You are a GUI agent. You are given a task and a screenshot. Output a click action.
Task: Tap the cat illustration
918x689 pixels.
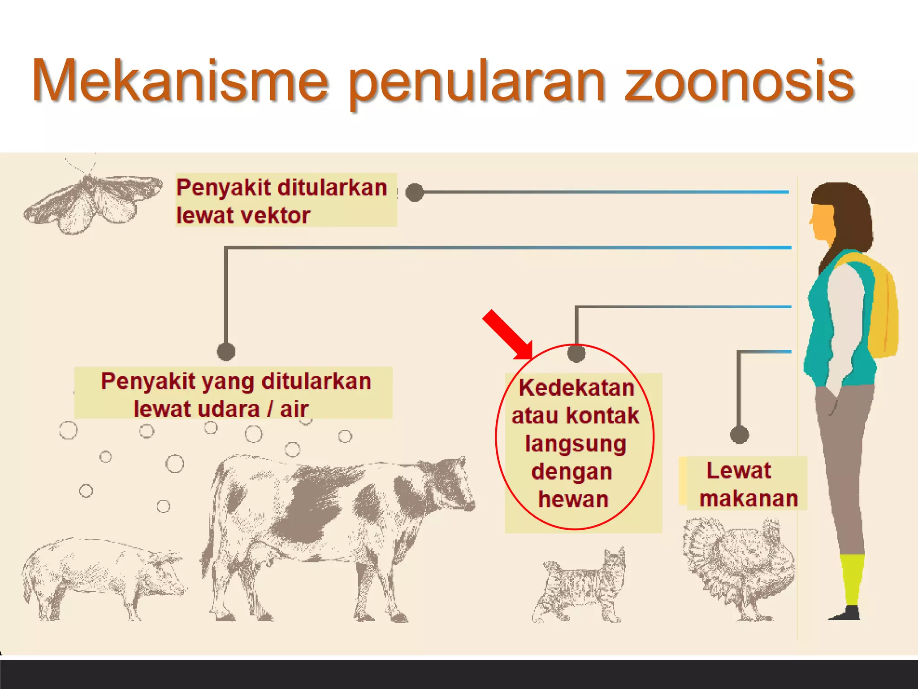click(580, 588)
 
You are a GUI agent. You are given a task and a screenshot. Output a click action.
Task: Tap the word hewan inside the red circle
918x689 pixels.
click(573, 499)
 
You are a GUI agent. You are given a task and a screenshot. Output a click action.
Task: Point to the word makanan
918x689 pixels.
click(749, 498)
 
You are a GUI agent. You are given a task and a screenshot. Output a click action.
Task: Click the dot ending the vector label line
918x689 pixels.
click(415, 192)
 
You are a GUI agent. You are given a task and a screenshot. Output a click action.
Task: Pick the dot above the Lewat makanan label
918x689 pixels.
click(739, 434)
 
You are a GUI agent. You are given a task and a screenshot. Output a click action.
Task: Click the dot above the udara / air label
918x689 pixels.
click(226, 351)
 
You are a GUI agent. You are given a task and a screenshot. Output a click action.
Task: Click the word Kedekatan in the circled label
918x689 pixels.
click(576, 388)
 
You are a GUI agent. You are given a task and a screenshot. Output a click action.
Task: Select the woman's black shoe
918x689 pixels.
click(847, 613)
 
